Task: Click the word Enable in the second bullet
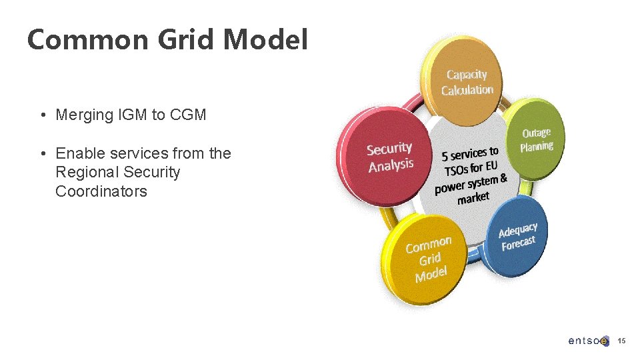(77, 153)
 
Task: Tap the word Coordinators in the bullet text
(101, 191)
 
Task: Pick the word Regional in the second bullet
(84, 172)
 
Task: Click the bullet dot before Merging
(42, 115)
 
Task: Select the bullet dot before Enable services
(42, 154)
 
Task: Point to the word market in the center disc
(473, 198)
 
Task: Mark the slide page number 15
(621, 341)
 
